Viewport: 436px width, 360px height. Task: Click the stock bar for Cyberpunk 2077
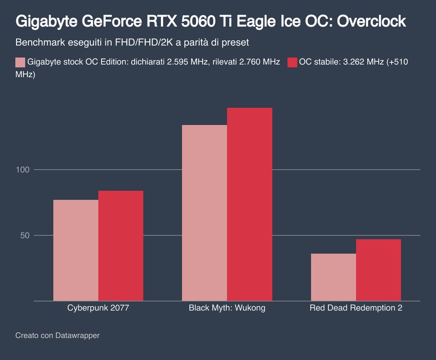click(x=76, y=250)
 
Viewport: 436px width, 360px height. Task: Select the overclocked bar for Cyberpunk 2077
click(x=121, y=246)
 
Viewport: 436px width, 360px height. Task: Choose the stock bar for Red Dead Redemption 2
click(x=334, y=277)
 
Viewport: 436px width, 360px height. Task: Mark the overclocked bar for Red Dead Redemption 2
click(x=378, y=270)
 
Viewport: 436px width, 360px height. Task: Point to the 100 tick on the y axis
click(x=22, y=170)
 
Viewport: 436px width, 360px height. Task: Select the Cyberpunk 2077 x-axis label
click(x=98, y=308)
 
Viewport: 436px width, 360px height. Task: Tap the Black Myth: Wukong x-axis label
click(x=227, y=308)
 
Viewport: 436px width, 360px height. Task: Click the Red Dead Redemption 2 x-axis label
click(x=356, y=308)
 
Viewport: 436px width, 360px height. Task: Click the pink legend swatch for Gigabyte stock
click(x=20, y=62)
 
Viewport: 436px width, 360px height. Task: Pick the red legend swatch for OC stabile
click(x=292, y=62)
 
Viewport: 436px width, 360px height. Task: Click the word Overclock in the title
click(x=372, y=21)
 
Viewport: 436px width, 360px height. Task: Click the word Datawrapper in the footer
click(x=77, y=336)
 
